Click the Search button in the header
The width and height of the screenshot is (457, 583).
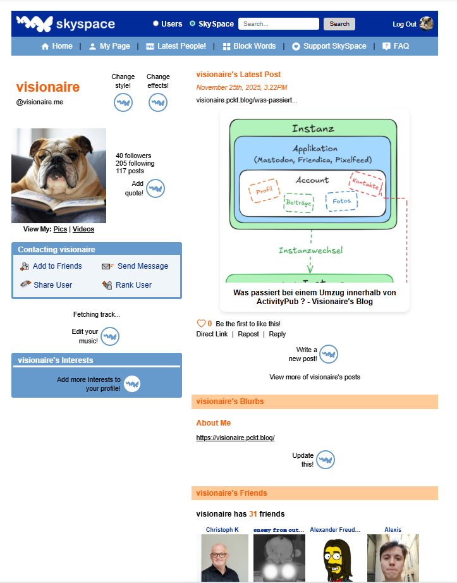(x=339, y=24)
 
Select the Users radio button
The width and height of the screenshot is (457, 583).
(x=155, y=24)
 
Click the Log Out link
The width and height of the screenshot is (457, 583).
(x=404, y=24)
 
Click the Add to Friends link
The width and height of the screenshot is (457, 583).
(x=57, y=266)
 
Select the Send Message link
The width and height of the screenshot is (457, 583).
(x=142, y=266)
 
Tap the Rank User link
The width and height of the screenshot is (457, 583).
(x=133, y=285)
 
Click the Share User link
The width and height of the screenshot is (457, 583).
(x=52, y=285)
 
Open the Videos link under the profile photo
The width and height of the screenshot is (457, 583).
(x=83, y=229)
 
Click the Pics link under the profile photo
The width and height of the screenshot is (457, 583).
(x=60, y=229)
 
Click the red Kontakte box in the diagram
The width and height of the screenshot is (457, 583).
(x=366, y=183)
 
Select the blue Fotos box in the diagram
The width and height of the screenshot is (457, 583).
(x=341, y=201)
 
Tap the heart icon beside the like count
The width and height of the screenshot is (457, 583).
(x=201, y=323)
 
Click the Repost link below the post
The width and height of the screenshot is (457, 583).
(x=248, y=334)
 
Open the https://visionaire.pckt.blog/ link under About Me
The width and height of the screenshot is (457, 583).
(x=235, y=438)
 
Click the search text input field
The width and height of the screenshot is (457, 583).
(x=278, y=24)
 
